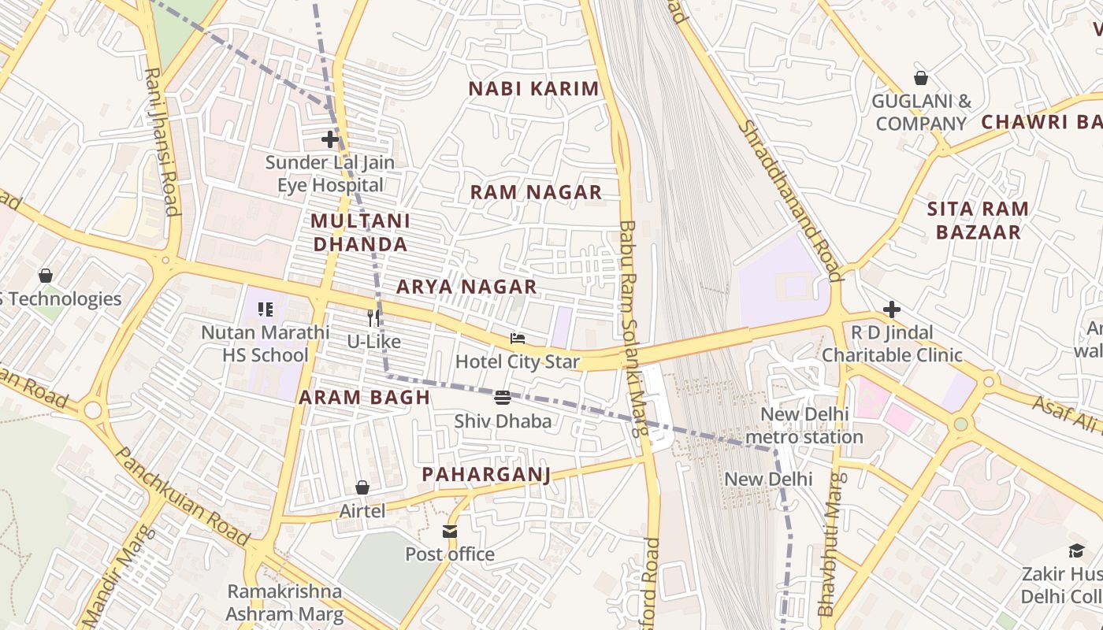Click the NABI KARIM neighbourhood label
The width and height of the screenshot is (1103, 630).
534,89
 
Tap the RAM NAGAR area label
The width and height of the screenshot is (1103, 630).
536,192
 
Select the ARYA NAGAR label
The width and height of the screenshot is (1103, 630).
466,287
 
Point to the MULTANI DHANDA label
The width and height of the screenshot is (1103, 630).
360,232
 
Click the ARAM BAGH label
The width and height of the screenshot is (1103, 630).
365,398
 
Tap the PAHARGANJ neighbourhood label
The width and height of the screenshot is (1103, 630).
485,474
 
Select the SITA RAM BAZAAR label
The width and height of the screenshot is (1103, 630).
977,220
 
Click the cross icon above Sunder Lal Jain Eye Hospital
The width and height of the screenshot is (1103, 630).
330,139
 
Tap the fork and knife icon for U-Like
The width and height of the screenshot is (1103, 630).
373,318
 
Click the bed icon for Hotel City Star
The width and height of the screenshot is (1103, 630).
518,339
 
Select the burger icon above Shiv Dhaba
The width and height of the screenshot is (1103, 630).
503,398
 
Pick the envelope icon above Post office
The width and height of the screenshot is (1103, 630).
450,532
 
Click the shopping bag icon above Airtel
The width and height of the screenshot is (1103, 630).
362,487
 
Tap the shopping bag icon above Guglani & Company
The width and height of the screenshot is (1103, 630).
920,78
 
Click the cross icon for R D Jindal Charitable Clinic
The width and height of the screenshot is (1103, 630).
892,309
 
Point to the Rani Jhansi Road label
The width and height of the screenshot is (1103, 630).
162,142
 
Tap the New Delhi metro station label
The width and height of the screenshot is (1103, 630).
804,425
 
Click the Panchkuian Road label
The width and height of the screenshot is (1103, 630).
182,496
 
